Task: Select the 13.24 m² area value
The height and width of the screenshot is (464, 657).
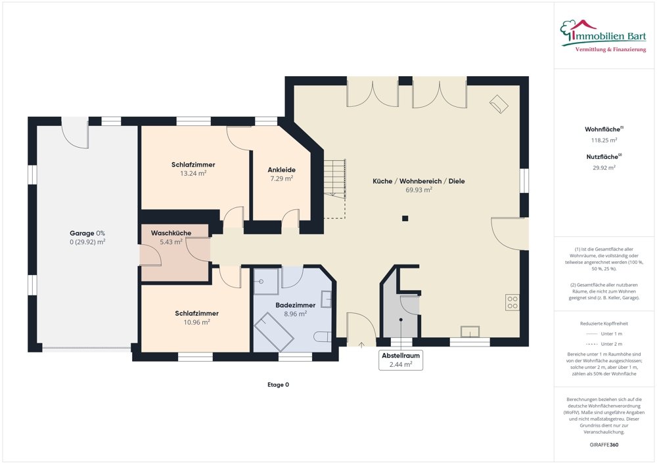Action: click(193, 173)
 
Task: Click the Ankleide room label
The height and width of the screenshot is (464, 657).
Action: click(281, 169)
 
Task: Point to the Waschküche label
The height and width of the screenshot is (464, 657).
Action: click(171, 233)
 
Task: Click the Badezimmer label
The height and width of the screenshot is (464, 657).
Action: click(296, 305)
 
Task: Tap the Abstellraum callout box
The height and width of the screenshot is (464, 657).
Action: click(401, 360)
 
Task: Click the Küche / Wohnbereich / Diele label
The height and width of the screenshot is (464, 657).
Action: click(419, 181)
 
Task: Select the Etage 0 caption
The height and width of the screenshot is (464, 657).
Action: click(278, 385)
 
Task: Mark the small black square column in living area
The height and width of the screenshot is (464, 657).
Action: click(405, 219)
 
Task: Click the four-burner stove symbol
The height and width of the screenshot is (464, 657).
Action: click(512, 303)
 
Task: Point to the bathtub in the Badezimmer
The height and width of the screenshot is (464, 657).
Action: click(274, 331)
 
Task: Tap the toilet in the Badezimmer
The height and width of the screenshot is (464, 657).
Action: click(322, 337)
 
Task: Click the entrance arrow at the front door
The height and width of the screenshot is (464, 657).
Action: click(362, 345)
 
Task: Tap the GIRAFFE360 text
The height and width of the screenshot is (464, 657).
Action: click(604, 445)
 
